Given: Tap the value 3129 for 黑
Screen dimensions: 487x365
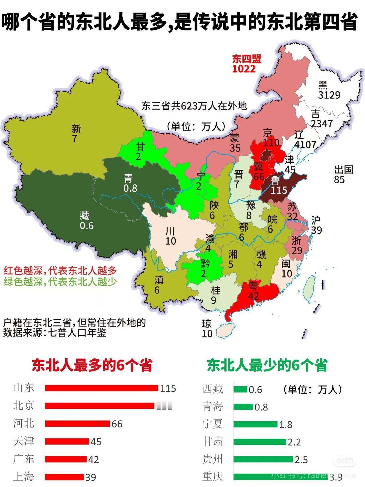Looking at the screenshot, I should (329, 95).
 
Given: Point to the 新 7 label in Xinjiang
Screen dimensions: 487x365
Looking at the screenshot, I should (76, 134).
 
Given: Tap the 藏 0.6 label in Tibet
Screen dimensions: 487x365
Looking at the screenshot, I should (86, 220).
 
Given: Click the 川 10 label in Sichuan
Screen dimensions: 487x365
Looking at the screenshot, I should (171, 236).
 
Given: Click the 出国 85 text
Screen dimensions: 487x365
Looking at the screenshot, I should (343, 174).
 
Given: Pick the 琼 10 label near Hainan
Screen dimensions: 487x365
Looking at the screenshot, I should (207, 329).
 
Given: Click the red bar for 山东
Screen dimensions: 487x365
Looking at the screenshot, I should (101, 388).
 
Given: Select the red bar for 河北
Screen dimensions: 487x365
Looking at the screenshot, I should (77, 424).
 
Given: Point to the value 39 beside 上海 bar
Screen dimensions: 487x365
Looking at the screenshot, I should (91, 477).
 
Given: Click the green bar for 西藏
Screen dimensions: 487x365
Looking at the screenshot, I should (240, 389).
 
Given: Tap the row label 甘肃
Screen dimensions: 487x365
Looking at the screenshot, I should (212, 442).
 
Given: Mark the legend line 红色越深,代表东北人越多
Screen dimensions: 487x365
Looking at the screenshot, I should (60, 270).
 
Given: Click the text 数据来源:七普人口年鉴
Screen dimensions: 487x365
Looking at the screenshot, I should (55, 333).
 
